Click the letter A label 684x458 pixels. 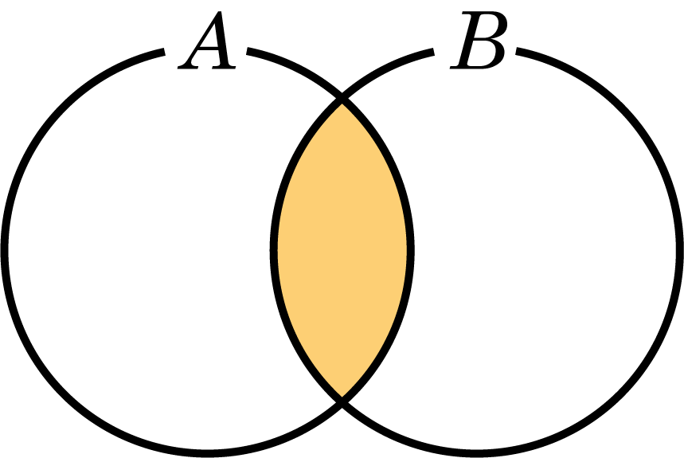coord(207,40)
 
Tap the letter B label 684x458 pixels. coord(479,40)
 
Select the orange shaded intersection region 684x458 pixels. coord(342,249)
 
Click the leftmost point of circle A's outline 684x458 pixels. coord(4,249)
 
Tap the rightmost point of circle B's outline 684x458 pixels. coord(680,249)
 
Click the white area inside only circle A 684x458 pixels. coord(139,249)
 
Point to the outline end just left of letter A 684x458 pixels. coord(164,52)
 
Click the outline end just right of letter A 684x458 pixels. coord(248,51)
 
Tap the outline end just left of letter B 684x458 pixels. coord(433,52)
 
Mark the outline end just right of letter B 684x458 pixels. coord(517,51)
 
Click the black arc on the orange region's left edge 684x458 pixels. coord(274,249)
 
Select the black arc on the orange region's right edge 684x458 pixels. coord(410,249)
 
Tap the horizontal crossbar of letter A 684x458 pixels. coord(209,49)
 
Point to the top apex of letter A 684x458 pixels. coord(221,12)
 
